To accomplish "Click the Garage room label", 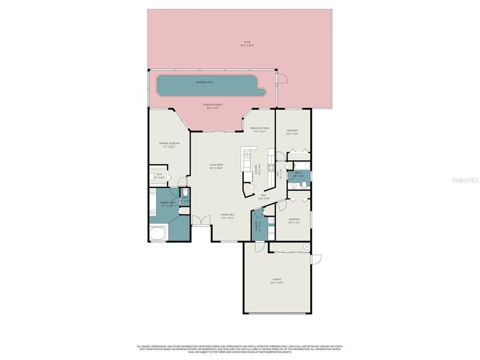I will point(276,280).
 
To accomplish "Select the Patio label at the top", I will point(247,43).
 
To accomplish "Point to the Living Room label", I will point(216,166).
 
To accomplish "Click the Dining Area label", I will point(228,216).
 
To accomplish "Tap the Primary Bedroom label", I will point(169,144).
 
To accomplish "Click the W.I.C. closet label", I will point(159,176).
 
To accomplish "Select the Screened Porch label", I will point(212,106).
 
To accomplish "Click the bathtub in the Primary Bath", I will point(158,233).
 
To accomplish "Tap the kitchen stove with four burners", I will point(271,168).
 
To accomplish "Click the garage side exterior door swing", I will point(316,259).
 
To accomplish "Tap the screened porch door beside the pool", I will point(282,78).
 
